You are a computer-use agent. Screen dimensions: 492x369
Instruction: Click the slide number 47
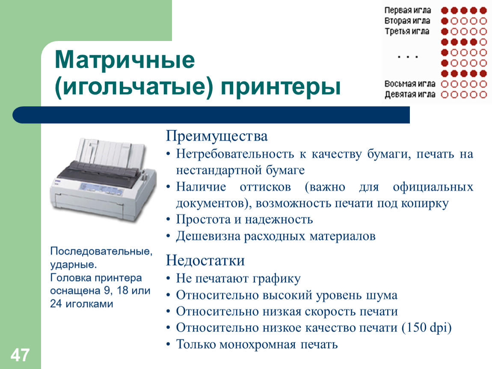coord(20,355)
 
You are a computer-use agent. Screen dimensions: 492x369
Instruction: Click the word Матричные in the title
coord(125,60)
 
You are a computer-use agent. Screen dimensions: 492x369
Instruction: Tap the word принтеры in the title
coord(281,87)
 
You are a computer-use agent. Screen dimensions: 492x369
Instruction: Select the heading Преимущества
coord(217,136)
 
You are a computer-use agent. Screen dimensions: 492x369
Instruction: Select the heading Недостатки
coord(205,261)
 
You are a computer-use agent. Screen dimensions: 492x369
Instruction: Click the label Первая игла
coord(408,10)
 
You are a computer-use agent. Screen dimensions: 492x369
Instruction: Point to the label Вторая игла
coord(407,20)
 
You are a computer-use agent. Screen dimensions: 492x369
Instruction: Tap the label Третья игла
coord(407,31)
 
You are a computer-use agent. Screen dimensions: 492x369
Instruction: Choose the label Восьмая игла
coord(410,84)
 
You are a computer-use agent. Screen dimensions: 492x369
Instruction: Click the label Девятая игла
coord(410,94)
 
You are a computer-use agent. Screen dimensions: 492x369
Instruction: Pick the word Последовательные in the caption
coord(101,251)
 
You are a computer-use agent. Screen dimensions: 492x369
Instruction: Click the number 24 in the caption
coord(56,304)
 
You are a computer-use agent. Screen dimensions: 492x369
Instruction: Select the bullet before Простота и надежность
coord(169,219)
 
